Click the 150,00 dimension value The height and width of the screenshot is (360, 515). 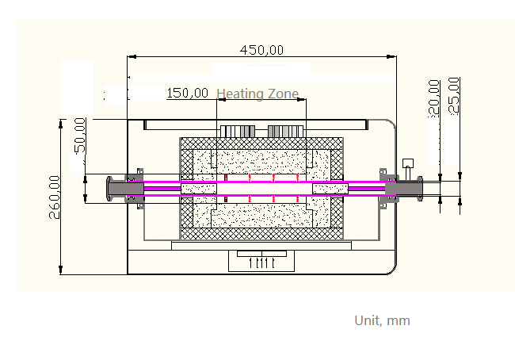coord(188,93)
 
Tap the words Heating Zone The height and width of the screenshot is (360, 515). coord(257,94)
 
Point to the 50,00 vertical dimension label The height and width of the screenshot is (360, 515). coord(79,134)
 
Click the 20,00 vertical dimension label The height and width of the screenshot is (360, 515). coord(433,98)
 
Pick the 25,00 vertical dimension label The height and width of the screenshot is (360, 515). coord(454,95)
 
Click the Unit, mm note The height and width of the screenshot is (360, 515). coord(382,320)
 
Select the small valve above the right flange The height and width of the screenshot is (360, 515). coord(408,165)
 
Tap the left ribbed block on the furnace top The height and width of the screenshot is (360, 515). coord(237,131)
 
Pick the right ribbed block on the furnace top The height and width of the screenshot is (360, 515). coord(286,131)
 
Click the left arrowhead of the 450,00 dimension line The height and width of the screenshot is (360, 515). coord(132,56)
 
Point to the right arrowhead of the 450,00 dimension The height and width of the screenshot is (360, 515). coord(392,56)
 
